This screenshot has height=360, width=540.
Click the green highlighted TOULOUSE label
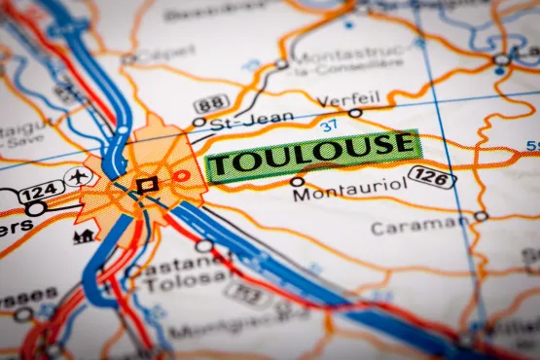click(x=312, y=154)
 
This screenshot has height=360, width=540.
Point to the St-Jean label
click(x=238, y=122)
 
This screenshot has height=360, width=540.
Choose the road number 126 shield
click(x=431, y=176)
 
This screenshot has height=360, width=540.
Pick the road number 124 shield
click(x=41, y=192)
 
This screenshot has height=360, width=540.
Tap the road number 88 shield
click(x=211, y=104)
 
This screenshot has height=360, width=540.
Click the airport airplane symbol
click(x=77, y=176)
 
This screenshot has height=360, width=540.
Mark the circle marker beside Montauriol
click(x=297, y=181)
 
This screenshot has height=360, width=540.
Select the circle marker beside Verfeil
click(x=355, y=113)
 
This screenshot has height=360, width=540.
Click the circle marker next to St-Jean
click(x=199, y=123)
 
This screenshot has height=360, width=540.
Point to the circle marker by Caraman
click(x=480, y=216)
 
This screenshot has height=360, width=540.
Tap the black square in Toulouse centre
click(x=147, y=184)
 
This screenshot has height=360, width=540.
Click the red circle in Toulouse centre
click(x=182, y=176)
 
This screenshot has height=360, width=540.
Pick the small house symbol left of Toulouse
click(x=85, y=234)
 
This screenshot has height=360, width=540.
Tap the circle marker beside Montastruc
click(x=281, y=64)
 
